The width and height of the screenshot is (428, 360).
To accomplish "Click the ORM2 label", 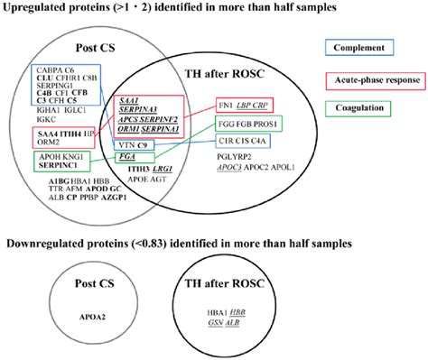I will (48, 143).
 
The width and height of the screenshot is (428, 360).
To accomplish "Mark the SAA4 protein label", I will (47, 134).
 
